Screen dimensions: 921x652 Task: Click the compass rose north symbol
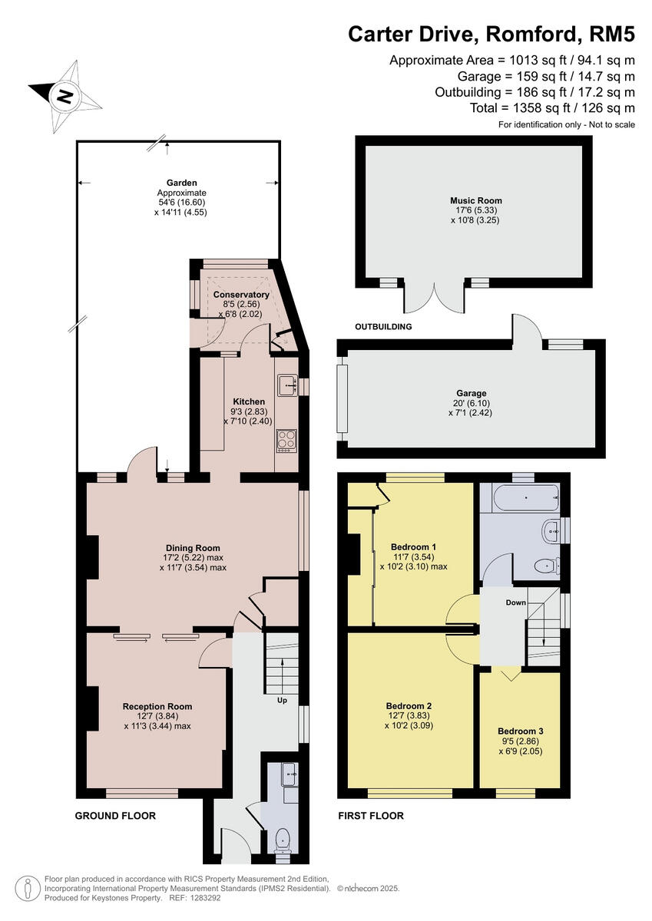tap(65, 97)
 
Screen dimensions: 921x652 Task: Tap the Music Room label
tap(476, 201)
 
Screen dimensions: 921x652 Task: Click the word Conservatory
tap(241, 295)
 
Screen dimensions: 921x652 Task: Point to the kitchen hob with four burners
tap(286, 440)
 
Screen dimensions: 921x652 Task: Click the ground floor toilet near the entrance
tap(283, 839)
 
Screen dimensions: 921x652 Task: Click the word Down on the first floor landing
tap(515, 602)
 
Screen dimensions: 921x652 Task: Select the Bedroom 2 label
tap(409, 706)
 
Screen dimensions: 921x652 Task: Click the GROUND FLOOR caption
tap(115, 816)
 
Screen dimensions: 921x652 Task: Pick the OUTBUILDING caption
tap(383, 327)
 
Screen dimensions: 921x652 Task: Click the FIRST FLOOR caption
tap(371, 816)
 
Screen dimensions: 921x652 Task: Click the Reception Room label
tap(157, 706)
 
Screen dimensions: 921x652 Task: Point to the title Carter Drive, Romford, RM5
tap(491, 34)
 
